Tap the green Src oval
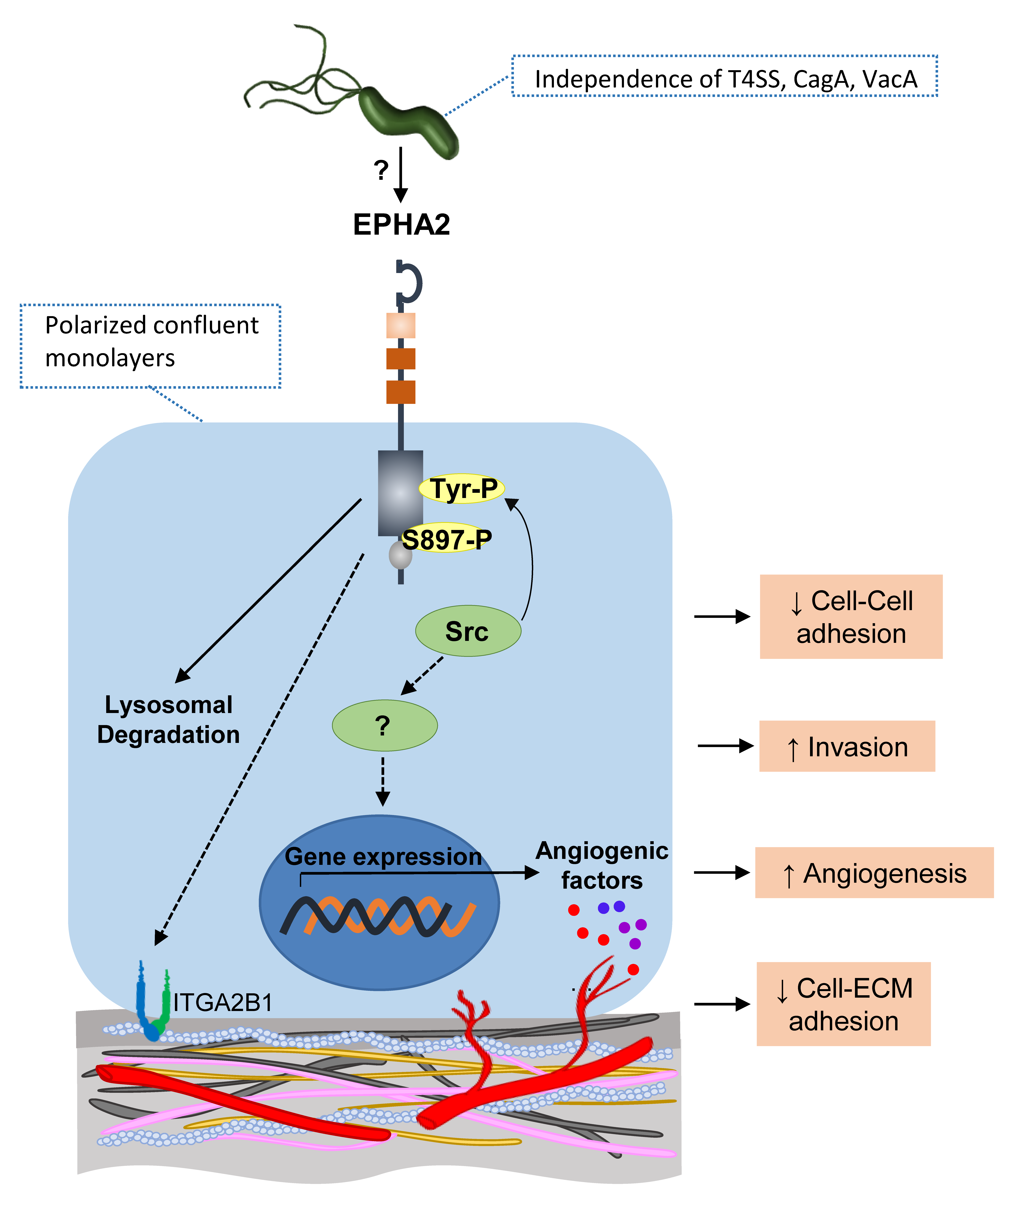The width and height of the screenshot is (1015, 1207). [468, 630]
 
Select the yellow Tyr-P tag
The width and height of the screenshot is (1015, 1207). [462, 489]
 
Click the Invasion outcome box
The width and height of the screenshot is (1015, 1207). [847, 746]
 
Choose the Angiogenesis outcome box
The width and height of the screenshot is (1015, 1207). [874, 873]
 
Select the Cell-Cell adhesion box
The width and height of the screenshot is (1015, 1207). [851, 617]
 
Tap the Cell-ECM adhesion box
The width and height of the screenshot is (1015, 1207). [844, 1004]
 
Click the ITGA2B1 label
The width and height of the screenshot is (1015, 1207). [223, 1003]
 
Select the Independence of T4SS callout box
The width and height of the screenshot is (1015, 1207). [725, 76]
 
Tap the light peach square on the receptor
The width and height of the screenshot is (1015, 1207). [400, 325]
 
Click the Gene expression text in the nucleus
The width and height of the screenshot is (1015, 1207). [383, 857]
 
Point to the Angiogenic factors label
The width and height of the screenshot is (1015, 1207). [602, 866]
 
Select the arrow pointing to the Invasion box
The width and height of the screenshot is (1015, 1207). [726, 746]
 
